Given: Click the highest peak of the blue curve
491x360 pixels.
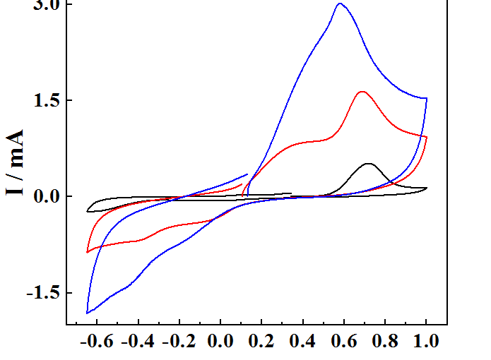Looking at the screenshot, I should tap(340, 4).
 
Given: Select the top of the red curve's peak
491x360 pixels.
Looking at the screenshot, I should tap(362, 92).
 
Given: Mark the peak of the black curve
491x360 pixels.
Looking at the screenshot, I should tap(369, 164).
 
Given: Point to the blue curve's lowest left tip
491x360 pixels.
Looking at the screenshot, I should tap(87, 313).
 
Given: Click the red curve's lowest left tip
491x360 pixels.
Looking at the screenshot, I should tap(87, 252).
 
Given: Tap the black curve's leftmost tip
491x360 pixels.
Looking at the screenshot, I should tap(88, 210).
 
